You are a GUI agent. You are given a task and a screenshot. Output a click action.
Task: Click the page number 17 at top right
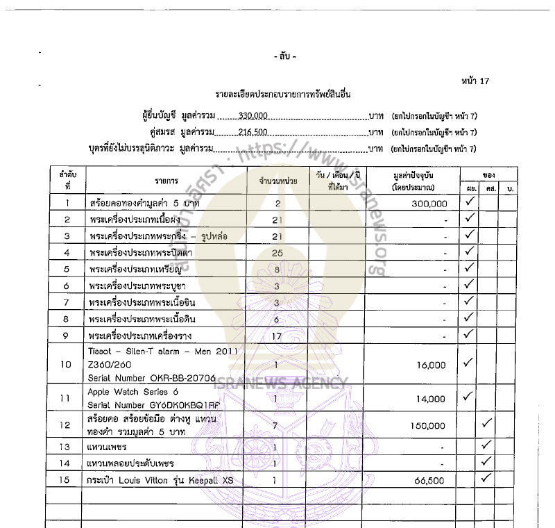tap(484, 81)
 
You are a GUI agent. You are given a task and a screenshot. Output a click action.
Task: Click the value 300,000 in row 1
tap(429, 204)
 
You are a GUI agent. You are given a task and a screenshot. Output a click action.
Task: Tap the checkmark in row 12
tap(487, 422)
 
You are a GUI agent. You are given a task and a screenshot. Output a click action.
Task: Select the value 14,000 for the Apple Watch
tap(432, 399)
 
